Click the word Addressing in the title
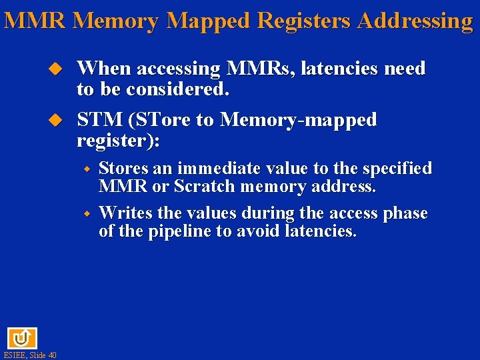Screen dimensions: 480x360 point(415,21)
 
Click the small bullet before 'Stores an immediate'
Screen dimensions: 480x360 point(87,169)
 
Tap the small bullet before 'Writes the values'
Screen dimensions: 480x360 point(87,213)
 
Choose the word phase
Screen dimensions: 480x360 point(405,213)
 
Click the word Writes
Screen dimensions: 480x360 point(125,213)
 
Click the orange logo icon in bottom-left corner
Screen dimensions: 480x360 point(22,338)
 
